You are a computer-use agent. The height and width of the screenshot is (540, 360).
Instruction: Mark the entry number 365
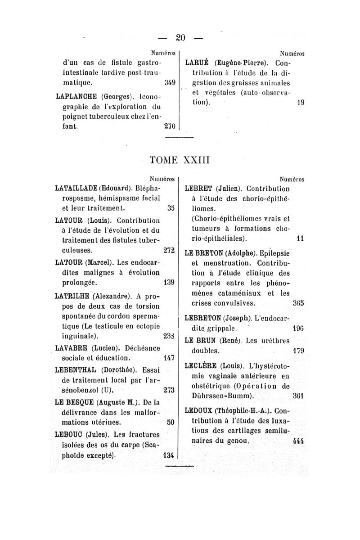pos(299,302)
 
